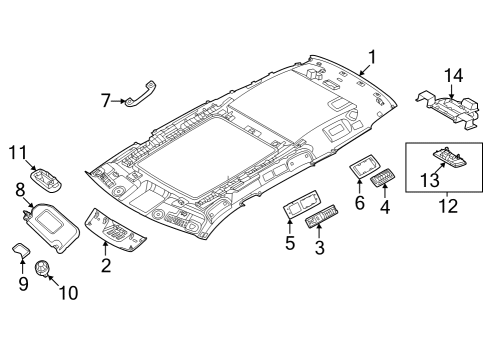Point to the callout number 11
17,152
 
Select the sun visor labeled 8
50,225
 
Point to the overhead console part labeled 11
46,180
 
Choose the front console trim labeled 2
117,231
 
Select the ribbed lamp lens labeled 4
381,181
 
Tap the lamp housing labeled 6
361,169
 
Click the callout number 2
106,265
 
